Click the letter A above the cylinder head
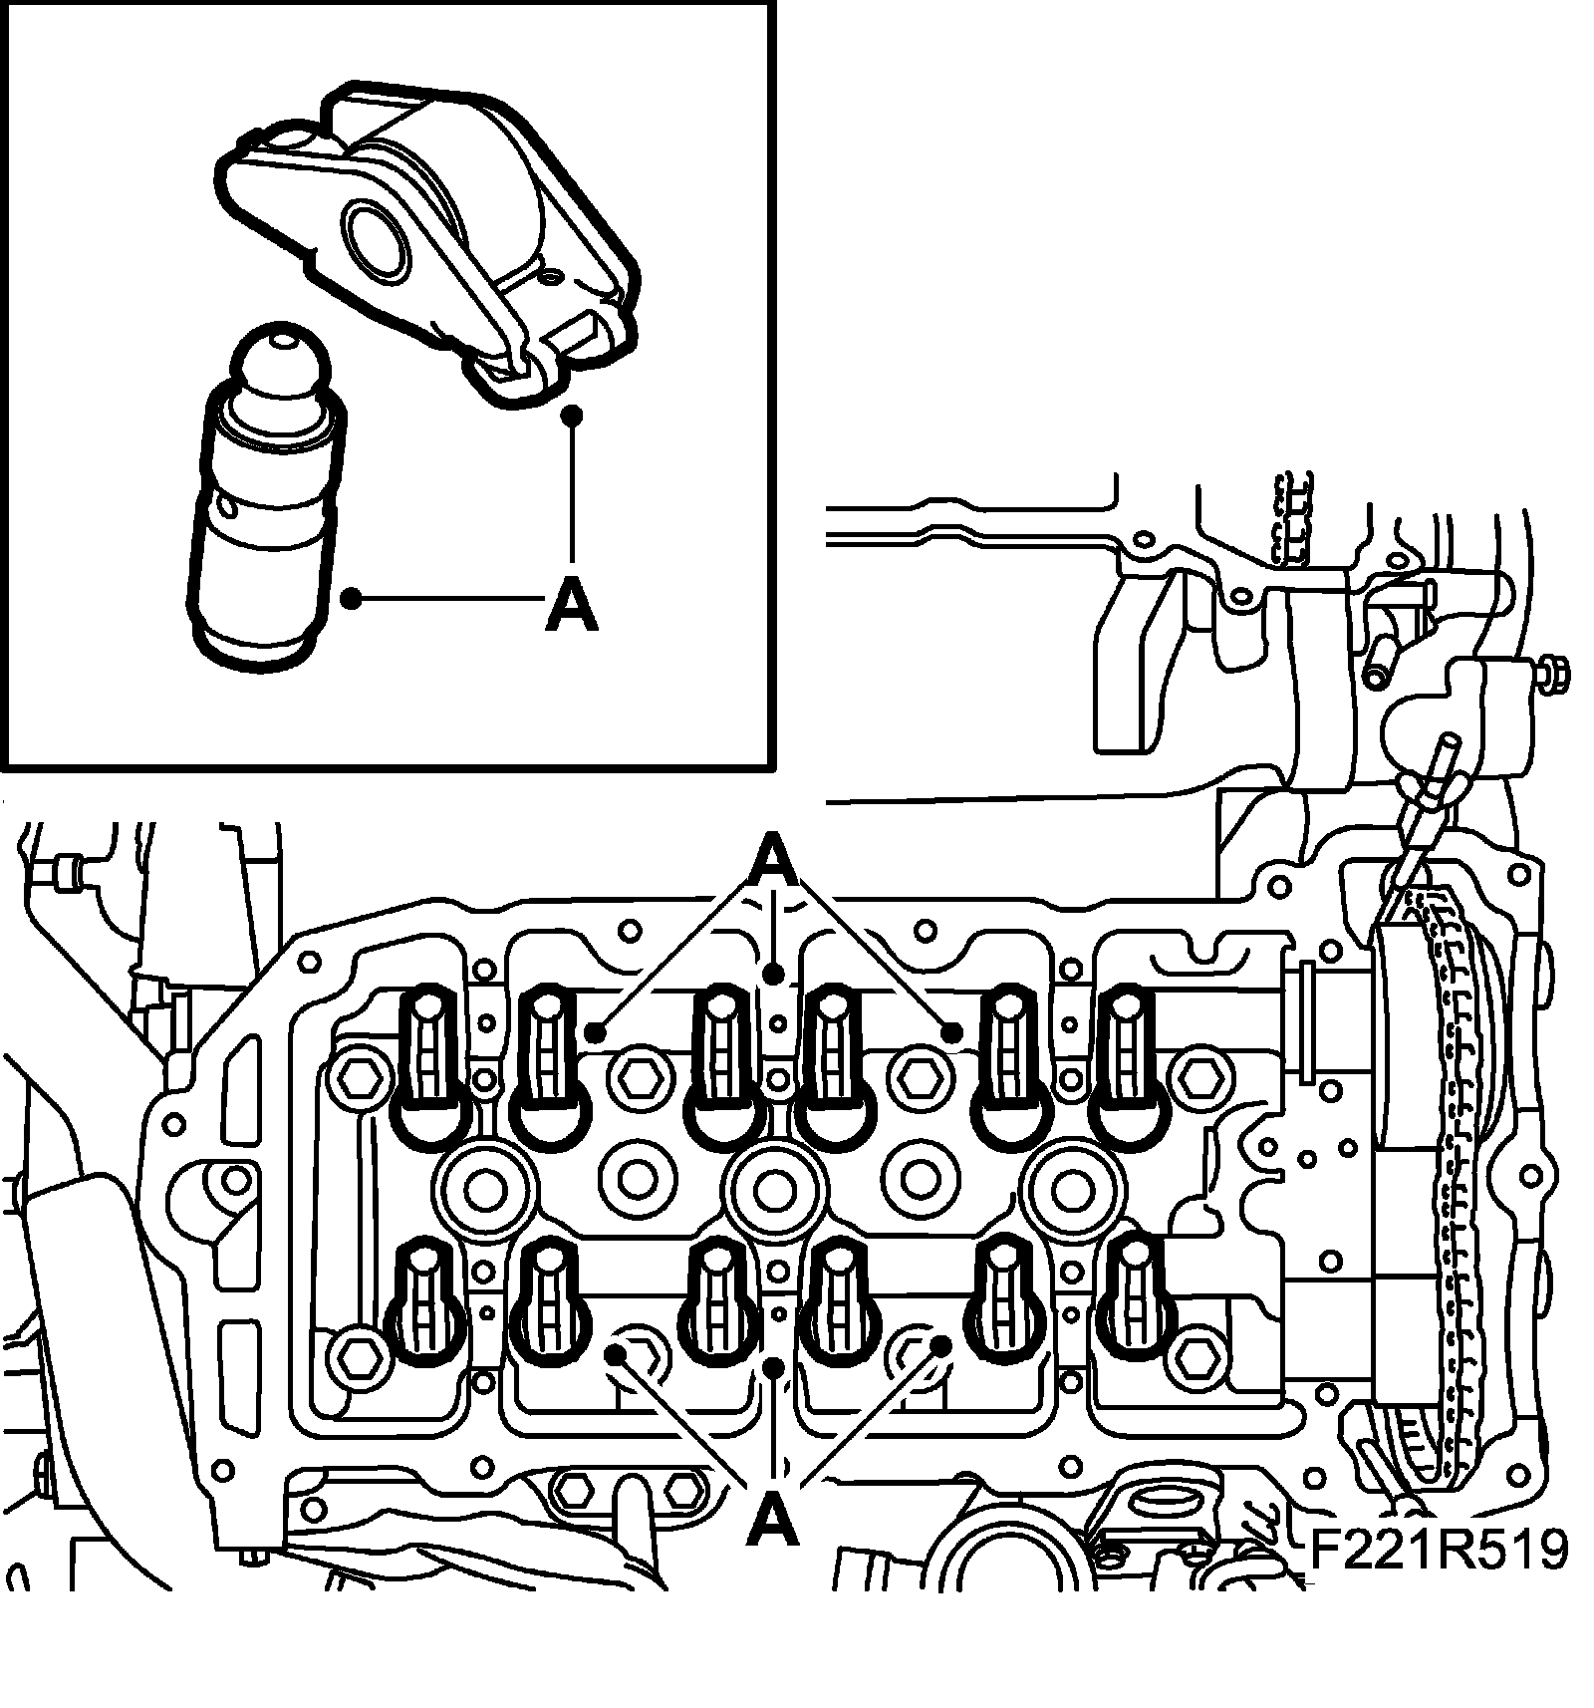[x=776, y=860]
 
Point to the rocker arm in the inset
[x=428, y=229]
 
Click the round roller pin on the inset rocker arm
[x=374, y=237]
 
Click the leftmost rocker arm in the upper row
[x=429, y=1066]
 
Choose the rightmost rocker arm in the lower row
[x=1132, y=1300]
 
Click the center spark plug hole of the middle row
[x=773, y=1187]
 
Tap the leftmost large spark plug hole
[x=484, y=1187]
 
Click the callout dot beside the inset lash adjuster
[x=350, y=598]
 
